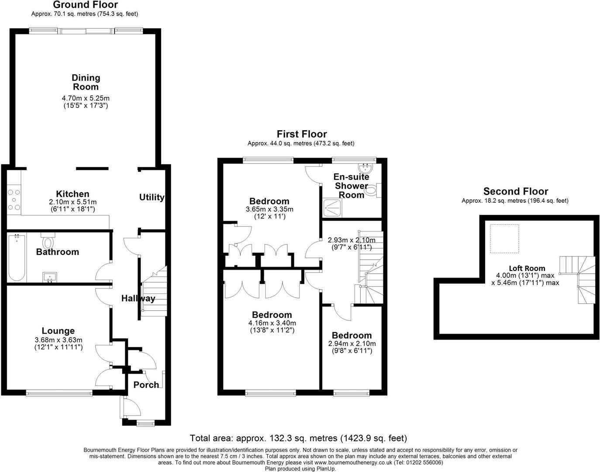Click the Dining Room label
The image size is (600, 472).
point(86,82)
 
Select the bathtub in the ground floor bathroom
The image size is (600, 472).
point(17,257)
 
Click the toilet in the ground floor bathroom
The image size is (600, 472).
point(48,241)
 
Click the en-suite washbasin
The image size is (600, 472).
point(366,168)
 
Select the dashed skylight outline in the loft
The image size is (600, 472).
point(504,239)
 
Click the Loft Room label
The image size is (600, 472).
point(527,268)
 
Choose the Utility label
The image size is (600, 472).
point(152,197)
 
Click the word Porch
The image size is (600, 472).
point(146,385)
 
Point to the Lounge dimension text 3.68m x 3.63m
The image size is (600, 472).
point(59,340)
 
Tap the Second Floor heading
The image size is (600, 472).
point(516,191)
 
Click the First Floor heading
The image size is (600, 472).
point(302,134)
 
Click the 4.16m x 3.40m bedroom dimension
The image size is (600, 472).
point(272,323)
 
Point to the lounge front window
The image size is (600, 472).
point(59,393)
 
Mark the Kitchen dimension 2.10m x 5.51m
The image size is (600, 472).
point(72,202)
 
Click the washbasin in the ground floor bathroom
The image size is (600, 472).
point(50,277)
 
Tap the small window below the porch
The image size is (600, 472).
point(146,423)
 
